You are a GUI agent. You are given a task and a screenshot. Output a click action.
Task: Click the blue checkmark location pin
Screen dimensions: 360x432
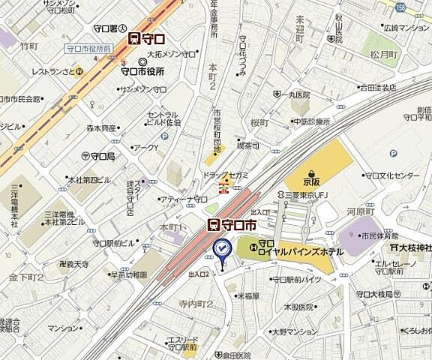pos(222,249)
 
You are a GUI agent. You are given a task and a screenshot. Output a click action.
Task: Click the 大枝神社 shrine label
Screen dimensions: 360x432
pos(411,247)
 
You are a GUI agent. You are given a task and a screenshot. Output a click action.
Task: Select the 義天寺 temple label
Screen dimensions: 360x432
pos(75,264)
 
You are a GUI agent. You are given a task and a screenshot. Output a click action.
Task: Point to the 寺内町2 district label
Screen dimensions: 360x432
pos(196,304)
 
